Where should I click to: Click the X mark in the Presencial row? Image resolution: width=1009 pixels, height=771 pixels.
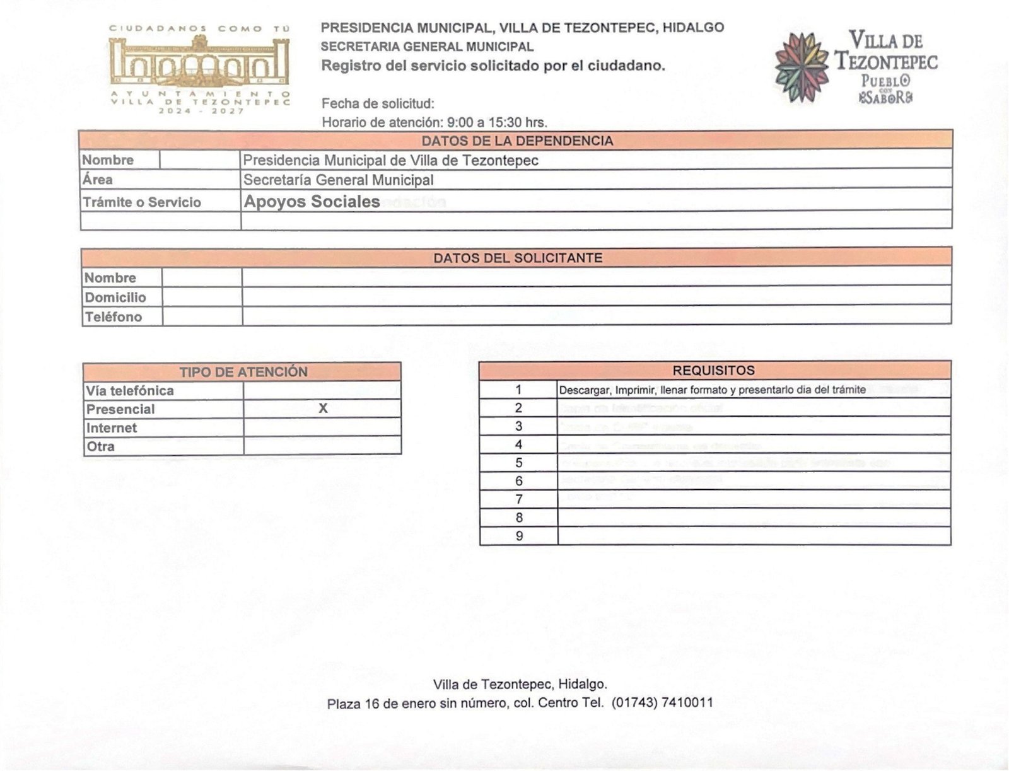pyautogui.click(x=323, y=408)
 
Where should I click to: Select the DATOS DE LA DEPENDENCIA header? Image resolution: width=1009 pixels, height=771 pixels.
pyautogui.click(x=517, y=141)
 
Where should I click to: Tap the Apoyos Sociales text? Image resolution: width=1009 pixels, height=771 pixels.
pyautogui.click(x=312, y=202)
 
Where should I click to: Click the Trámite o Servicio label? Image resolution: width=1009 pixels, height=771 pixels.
pyautogui.click(x=142, y=202)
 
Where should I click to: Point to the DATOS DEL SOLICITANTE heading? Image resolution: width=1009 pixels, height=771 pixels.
pyautogui.click(x=517, y=258)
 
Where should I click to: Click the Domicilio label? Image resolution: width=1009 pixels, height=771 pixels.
pyautogui.click(x=115, y=298)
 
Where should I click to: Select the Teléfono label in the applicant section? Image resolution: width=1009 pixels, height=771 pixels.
pyautogui.click(x=114, y=317)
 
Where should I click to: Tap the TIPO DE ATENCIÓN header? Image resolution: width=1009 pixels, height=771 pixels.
pyautogui.click(x=243, y=372)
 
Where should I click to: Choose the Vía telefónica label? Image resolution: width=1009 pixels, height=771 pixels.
pyautogui.click(x=130, y=391)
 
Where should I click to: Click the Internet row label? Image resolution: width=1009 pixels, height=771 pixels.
pyautogui.click(x=112, y=428)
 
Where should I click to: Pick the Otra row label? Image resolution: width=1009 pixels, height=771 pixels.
pyautogui.click(x=101, y=446)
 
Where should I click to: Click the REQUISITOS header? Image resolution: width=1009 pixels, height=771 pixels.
pyautogui.click(x=713, y=371)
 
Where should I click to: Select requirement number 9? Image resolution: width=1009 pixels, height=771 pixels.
pyautogui.click(x=519, y=536)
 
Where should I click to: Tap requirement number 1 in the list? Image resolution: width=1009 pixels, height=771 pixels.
pyautogui.click(x=518, y=390)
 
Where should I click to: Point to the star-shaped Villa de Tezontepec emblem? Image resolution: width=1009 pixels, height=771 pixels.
pyautogui.click(x=801, y=67)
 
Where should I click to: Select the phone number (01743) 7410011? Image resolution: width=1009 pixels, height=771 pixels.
pyautogui.click(x=662, y=702)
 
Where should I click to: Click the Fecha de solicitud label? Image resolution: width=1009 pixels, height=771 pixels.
pyautogui.click(x=378, y=103)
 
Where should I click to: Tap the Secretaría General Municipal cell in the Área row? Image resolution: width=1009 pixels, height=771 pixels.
pyautogui.click(x=339, y=180)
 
